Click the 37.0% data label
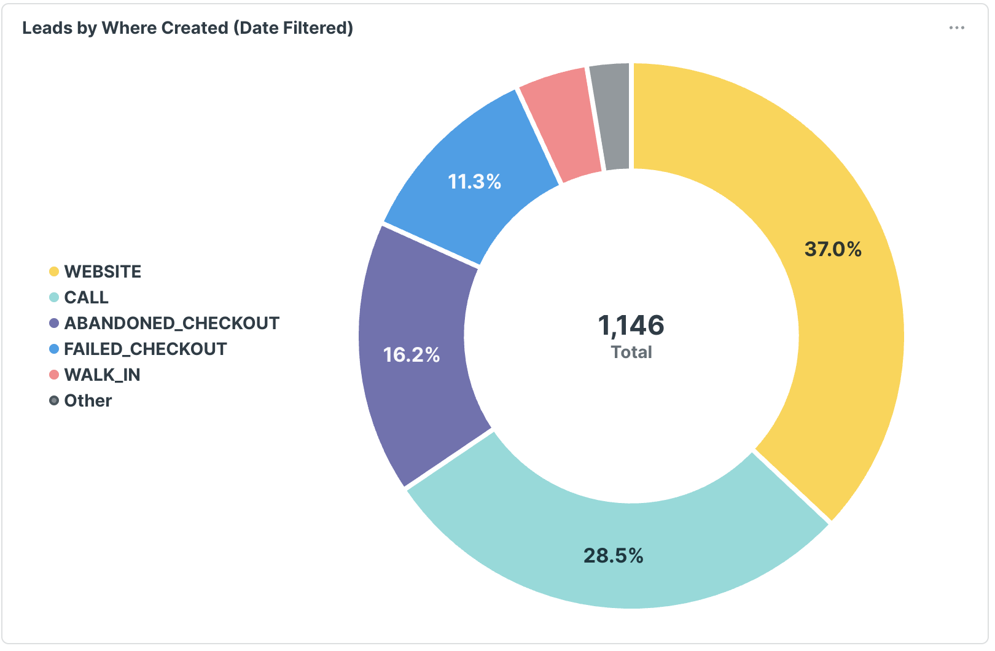point(833,249)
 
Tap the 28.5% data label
point(613,556)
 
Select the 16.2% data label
point(412,355)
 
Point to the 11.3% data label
point(474,182)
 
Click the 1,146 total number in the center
point(631,325)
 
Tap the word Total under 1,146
point(631,353)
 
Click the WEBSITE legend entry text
point(103,271)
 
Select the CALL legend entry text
point(86,297)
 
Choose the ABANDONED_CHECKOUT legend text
point(171,323)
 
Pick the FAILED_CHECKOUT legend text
point(145,349)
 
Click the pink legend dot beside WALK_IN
point(54,375)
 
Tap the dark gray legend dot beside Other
point(54,400)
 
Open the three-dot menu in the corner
point(956,28)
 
